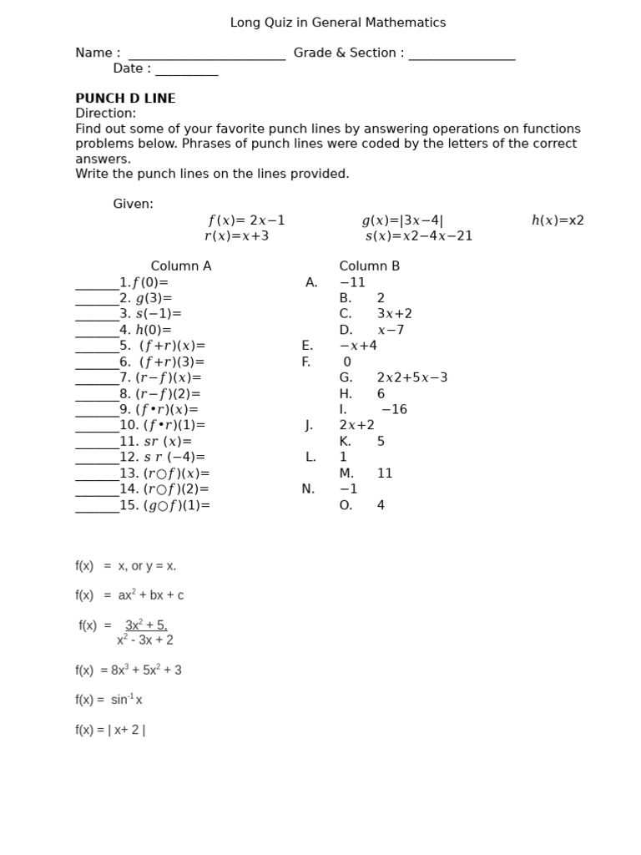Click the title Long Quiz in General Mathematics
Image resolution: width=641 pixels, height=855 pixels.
point(337,23)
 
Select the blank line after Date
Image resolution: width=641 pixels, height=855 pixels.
point(186,71)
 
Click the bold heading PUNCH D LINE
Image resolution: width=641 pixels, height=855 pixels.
point(125,99)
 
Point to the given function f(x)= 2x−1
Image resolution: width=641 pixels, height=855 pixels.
point(246,220)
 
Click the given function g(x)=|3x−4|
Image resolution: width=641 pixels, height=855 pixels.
point(402,220)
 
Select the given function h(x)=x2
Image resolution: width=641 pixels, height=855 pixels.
point(558,220)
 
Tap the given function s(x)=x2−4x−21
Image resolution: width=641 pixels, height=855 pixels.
point(419,236)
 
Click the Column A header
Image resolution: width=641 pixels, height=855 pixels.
point(181,266)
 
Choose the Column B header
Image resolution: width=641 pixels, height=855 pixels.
point(369,266)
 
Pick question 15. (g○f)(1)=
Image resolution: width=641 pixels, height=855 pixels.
point(164,505)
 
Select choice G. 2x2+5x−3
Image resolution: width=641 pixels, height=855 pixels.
point(393,377)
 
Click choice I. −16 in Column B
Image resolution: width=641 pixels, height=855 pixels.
point(373,409)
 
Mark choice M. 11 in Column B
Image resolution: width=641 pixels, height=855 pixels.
point(366,473)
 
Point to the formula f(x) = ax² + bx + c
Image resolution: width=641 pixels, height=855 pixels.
point(129,595)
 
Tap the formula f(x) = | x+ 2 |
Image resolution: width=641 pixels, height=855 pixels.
point(110,730)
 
